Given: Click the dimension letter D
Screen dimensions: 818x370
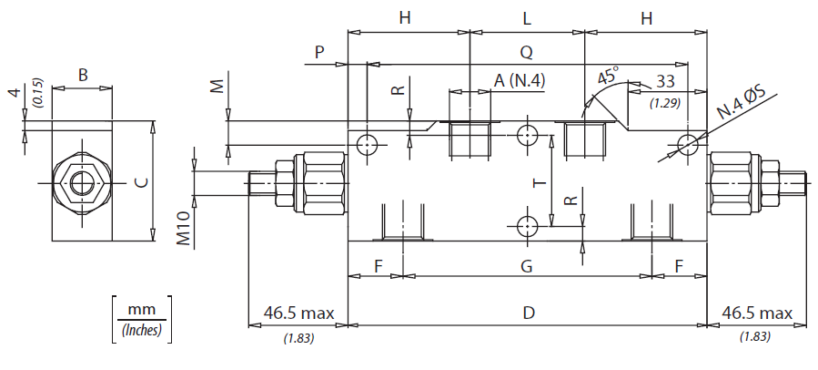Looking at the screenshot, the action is [529, 313].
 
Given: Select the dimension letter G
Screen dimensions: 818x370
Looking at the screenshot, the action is [527, 266].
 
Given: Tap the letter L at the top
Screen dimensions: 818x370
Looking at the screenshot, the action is [527, 19].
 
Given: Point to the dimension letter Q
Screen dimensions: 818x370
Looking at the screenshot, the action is [527, 52].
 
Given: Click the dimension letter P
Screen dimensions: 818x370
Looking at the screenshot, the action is [319, 52].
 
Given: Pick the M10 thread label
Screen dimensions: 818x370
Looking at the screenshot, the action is [183, 229].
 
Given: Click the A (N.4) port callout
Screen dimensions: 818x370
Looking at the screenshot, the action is [520, 80].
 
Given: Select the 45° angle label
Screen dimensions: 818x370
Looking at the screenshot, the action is [608, 76].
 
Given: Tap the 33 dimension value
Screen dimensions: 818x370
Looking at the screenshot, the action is [664, 81].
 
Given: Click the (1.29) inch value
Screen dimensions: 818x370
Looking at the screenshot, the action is [665, 104].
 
